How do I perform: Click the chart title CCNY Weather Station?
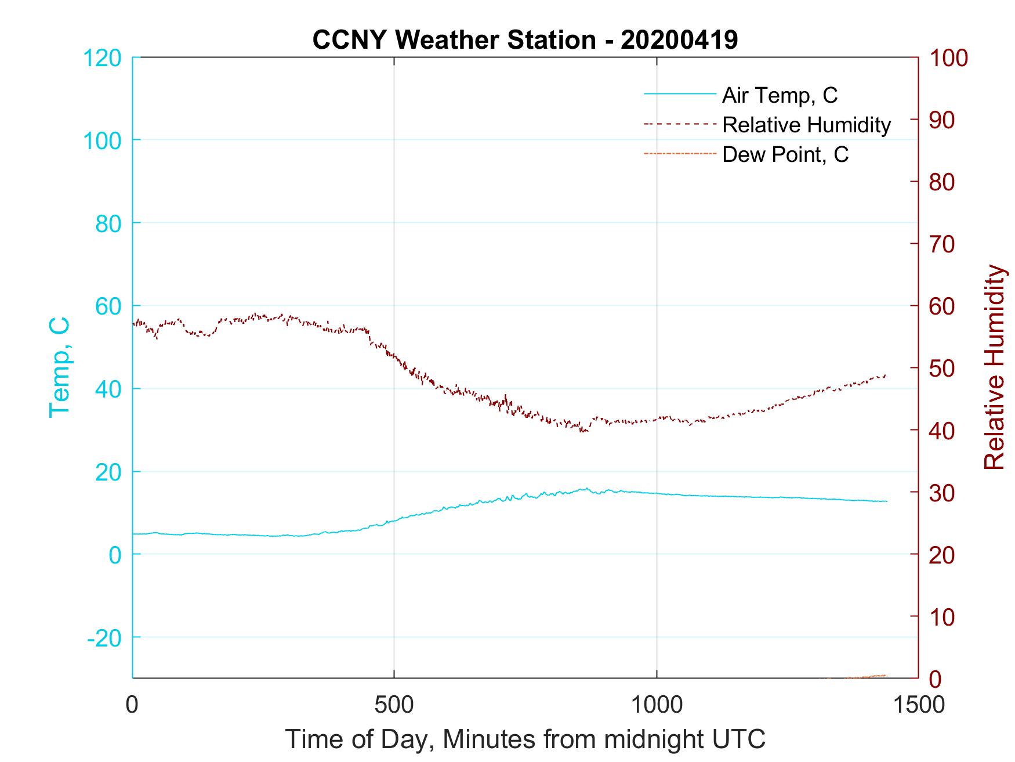click(x=454, y=40)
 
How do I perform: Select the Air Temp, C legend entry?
click(x=780, y=95)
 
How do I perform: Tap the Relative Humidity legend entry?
click(x=806, y=125)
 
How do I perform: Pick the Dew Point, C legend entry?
click(x=785, y=154)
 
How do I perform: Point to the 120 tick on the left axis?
click(x=103, y=57)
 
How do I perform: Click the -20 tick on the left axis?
click(x=104, y=638)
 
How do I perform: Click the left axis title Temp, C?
click(x=59, y=367)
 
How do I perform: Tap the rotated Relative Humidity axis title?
click(x=994, y=367)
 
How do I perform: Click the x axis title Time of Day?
click(x=525, y=739)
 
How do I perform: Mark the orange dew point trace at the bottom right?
click(x=870, y=676)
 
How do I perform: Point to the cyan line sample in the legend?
click(x=680, y=94)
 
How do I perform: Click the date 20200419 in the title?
click(x=679, y=40)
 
